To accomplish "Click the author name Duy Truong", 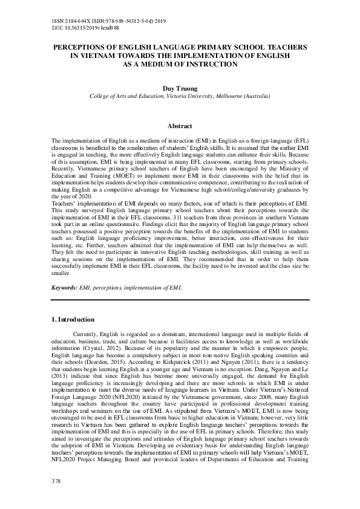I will coord(180,88).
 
